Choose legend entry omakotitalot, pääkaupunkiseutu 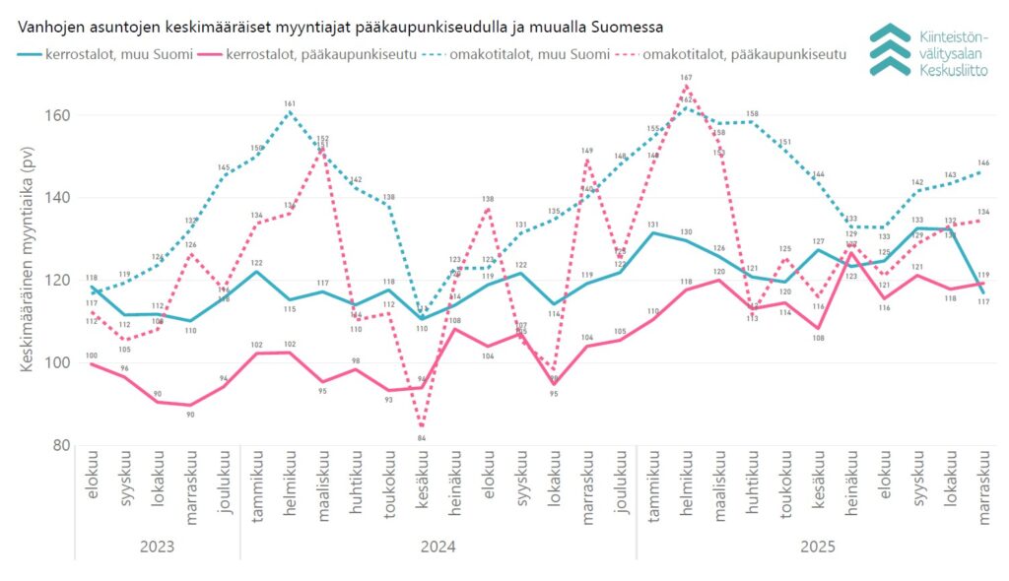click(x=744, y=53)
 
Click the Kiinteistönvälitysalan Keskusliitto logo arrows click(x=890, y=49)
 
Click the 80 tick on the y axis click(x=60, y=445)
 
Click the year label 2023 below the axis click(x=158, y=545)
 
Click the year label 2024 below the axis click(x=438, y=545)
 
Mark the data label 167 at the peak click(x=686, y=77)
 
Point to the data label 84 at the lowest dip click(x=422, y=437)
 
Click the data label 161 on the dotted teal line click(x=290, y=103)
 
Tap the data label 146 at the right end click(x=982, y=162)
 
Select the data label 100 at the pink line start click(x=92, y=355)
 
